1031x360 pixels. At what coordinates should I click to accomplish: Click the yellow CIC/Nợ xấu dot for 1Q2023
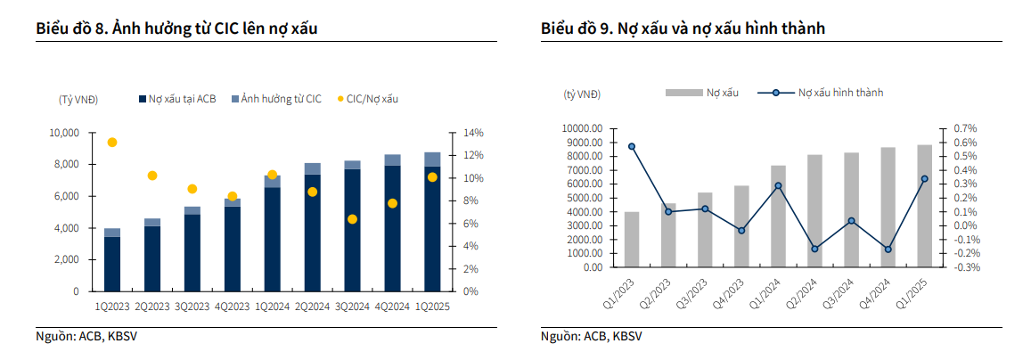click(x=111, y=143)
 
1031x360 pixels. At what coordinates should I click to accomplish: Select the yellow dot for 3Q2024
click(x=352, y=219)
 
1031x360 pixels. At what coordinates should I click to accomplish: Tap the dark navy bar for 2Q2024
click(x=312, y=233)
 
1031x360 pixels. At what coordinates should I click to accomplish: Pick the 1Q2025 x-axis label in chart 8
click(x=432, y=307)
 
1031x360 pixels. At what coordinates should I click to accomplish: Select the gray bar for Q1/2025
click(x=924, y=206)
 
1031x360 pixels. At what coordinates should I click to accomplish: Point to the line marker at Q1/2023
click(x=632, y=146)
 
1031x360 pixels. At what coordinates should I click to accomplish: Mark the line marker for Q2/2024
click(x=814, y=249)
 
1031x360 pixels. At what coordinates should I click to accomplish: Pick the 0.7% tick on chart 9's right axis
click(x=967, y=128)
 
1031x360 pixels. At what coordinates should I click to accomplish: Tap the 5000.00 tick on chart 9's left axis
click(x=583, y=198)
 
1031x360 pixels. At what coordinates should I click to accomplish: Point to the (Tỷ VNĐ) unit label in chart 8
click(x=78, y=98)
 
